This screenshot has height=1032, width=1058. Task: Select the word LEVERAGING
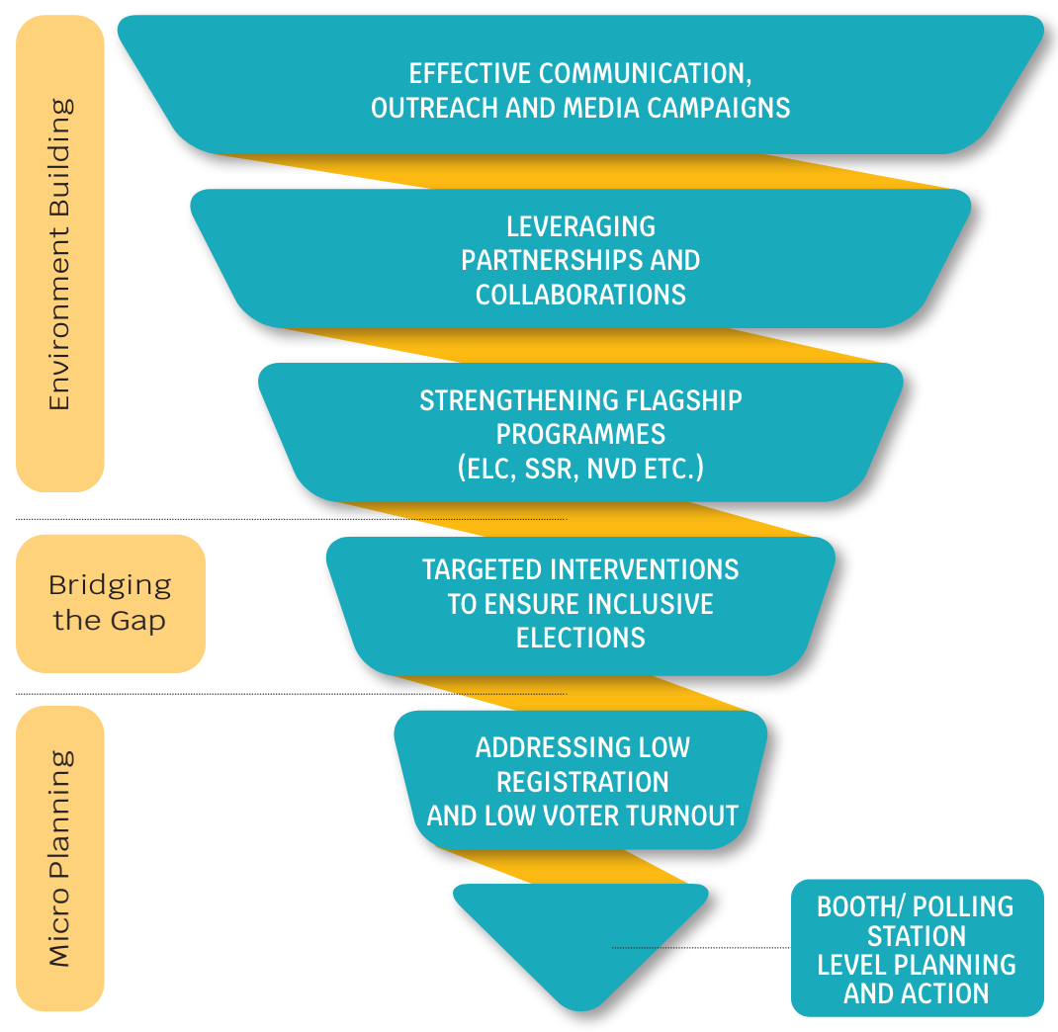[580, 226]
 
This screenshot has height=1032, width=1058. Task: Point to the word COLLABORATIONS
[580, 295]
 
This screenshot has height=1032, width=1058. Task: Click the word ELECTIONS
[580, 638]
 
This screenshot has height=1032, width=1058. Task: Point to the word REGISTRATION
[582, 782]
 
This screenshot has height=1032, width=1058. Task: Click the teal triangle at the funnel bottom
[580, 939]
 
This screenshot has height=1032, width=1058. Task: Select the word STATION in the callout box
[916, 935]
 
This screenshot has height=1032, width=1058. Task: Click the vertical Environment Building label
[60, 254]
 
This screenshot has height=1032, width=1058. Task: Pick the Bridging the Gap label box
[110, 603]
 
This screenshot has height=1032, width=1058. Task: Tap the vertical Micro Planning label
[60, 858]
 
